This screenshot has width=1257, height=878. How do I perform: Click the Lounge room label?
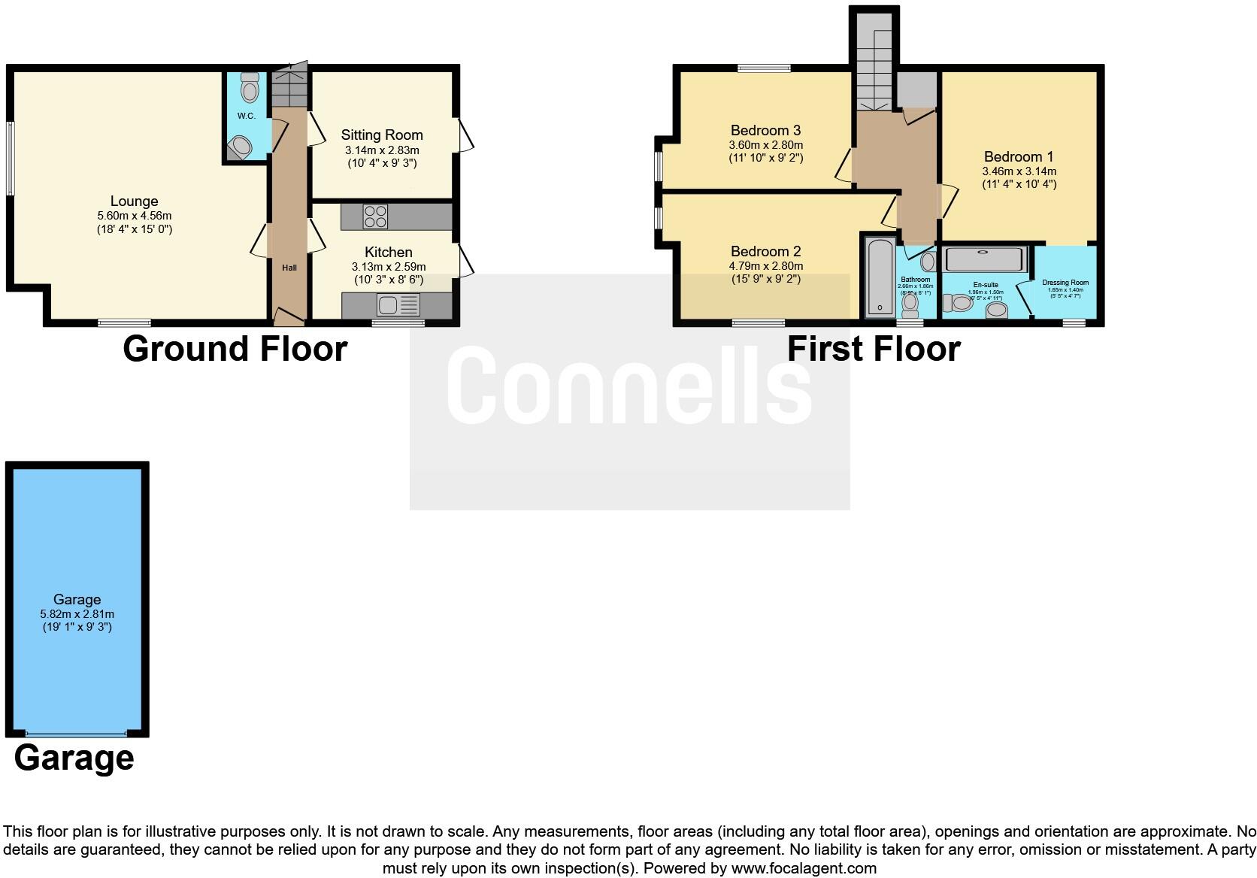click(x=134, y=201)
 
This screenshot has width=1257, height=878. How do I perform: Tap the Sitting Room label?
click(x=382, y=135)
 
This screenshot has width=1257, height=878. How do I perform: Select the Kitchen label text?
click(x=388, y=252)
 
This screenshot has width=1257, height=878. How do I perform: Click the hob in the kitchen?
click(x=375, y=216)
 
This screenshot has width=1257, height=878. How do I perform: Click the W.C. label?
click(x=246, y=116)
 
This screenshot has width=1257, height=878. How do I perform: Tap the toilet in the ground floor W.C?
click(x=250, y=89)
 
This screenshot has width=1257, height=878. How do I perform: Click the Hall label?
click(x=289, y=268)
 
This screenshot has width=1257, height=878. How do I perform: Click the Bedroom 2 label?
click(x=765, y=252)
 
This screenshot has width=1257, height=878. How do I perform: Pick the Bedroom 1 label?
click(x=1019, y=157)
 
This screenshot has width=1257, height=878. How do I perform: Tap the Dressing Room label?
click(x=1065, y=283)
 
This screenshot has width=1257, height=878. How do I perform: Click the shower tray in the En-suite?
click(x=986, y=259)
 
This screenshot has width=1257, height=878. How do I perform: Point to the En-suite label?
click(x=985, y=285)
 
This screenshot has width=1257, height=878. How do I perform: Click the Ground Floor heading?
click(x=235, y=349)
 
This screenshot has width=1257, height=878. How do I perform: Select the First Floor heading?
click(x=874, y=349)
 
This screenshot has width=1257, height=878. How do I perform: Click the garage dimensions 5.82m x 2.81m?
click(x=77, y=613)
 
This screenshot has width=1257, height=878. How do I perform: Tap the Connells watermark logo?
click(x=630, y=386)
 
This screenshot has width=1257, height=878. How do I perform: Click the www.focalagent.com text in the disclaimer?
click(x=804, y=868)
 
